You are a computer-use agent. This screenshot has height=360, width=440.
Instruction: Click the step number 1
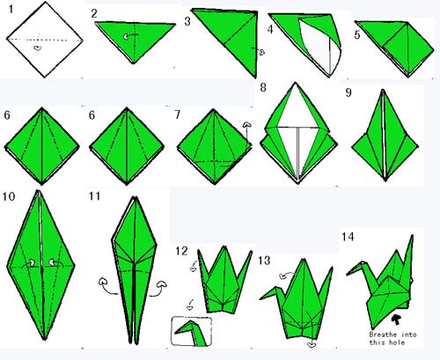[x=11, y=10]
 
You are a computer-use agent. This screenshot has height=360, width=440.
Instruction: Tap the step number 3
[x=187, y=21]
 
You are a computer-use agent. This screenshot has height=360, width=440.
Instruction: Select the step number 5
[x=357, y=35]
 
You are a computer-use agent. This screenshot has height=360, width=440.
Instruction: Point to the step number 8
[x=263, y=87]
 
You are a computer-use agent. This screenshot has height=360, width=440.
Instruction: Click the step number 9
[x=348, y=92]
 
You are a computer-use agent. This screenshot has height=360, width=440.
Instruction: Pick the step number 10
[x=9, y=196]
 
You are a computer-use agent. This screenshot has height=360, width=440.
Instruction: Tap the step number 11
[x=94, y=195]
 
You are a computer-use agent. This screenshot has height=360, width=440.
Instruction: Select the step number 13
[x=264, y=261]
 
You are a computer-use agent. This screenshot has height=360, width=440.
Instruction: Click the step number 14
[x=348, y=237]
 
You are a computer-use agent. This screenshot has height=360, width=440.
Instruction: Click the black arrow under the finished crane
[x=397, y=320]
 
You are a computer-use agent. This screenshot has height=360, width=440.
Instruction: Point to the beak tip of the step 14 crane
[x=347, y=275]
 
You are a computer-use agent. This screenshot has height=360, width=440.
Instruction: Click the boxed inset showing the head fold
[x=191, y=331]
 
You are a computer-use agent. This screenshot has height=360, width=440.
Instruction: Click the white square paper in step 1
[x=45, y=40]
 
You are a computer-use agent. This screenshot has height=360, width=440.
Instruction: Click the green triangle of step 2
[x=135, y=37]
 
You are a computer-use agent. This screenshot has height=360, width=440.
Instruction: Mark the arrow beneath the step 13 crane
[x=312, y=343]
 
